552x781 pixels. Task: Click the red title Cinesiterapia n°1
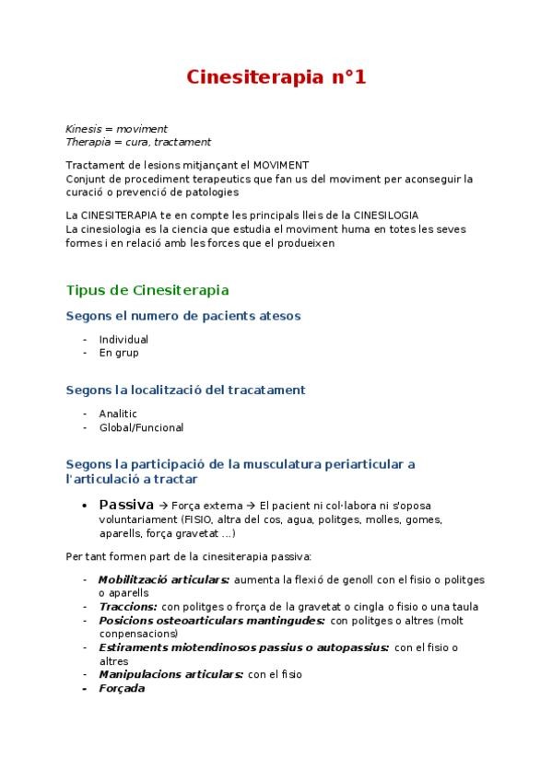pyautogui.click(x=276, y=77)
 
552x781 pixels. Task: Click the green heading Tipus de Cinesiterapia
pyautogui.click(x=147, y=290)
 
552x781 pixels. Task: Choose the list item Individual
pyautogui.click(x=123, y=340)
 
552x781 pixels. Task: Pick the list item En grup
pyautogui.click(x=119, y=353)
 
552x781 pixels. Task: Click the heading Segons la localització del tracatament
pyautogui.click(x=185, y=390)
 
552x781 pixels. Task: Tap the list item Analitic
pyautogui.click(x=118, y=414)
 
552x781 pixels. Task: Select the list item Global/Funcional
pyautogui.click(x=141, y=427)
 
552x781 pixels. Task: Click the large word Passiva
pyautogui.click(x=126, y=505)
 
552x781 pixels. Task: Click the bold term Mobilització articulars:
pyautogui.click(x=164, y=580)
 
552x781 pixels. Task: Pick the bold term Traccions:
pyautogui.click(x=128, y=607)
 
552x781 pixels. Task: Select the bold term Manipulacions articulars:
pyautogui.click(x=170, y=674)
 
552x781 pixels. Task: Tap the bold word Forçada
pyautogui.click(x=122, y=688)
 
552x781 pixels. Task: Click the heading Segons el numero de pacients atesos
pyautogui.click(x=183, y=316)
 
